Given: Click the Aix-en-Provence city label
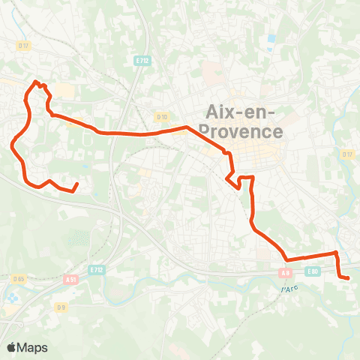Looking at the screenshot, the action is pos(244,122).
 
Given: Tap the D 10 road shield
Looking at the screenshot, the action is pos(162,116).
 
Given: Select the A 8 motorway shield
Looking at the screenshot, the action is pos(286,273).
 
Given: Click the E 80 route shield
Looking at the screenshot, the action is pos(313,271).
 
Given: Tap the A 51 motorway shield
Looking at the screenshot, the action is pos(71,279).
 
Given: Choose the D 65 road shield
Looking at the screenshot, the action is pos(19,279).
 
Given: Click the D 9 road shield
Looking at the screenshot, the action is pos(61,307).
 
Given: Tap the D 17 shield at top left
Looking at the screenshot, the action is pos(23,46).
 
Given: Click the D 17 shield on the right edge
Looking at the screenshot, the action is pos(347,154).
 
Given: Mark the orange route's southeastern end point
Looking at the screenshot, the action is pos(348,278).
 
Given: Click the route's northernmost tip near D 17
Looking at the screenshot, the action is pos(35,82).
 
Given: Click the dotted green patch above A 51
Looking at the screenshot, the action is pos(77,239).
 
